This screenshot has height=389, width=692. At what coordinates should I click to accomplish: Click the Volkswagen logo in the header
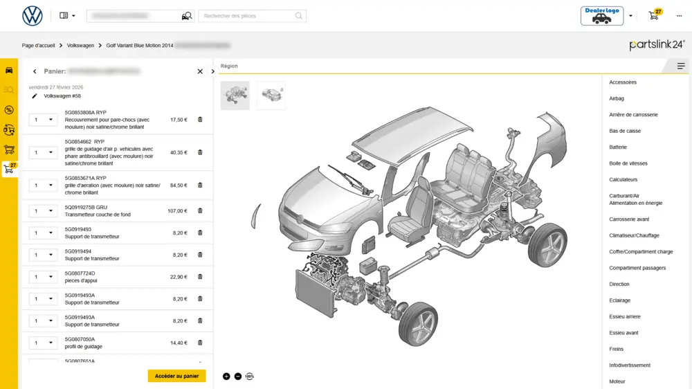(33, 16)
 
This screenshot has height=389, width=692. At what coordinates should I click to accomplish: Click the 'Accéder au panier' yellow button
(176, 376)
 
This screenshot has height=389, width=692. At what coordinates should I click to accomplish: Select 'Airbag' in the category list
(616, 98)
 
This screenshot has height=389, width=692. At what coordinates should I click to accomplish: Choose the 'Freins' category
(616, 349)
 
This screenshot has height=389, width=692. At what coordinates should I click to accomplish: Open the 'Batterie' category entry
(617, 147)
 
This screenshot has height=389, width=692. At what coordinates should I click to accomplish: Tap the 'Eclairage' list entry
(619, 300)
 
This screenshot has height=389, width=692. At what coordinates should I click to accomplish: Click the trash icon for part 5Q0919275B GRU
(200, 210)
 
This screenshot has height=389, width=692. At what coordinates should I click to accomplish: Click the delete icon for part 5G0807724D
(200, 277)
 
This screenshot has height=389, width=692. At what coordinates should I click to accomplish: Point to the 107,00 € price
(177, 210)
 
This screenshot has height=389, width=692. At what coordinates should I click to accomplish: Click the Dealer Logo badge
(601, 16)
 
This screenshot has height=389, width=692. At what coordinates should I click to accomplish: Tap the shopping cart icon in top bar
(654, 16)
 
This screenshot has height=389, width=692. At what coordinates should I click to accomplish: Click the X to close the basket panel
(200, 71)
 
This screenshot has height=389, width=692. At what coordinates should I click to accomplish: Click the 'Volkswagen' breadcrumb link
(80, 45)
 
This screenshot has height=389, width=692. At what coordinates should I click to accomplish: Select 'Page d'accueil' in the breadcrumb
(38, 45)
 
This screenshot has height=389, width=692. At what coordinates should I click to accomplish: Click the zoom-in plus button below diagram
(226, 377)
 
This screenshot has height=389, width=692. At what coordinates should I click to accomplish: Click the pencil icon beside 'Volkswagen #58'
(35, 96)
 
